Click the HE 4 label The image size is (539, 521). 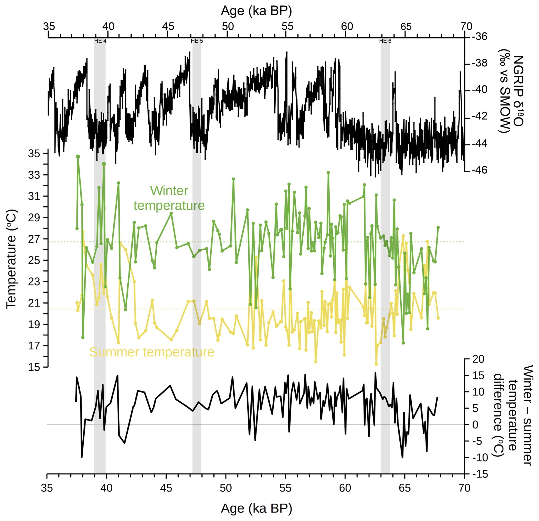[x=100, y=41]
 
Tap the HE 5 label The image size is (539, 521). [x=197, y=41]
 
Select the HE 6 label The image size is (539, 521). [x=385, y=41]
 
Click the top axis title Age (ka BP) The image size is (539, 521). [x=256, y=11]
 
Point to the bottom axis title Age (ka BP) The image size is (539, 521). [x=256, y=508]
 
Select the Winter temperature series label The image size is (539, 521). [x=169, y=198]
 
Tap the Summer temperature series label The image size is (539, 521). [x=152, y=352]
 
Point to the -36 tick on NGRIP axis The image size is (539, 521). [x=479, y=37]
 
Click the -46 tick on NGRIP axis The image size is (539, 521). [x=479, y=170]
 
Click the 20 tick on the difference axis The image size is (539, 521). [x=478, y=359]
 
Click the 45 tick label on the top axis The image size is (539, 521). [x=168, y=26]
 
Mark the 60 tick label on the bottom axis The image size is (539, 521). [x=345, y=488]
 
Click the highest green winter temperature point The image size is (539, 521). [x=78, y=157]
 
